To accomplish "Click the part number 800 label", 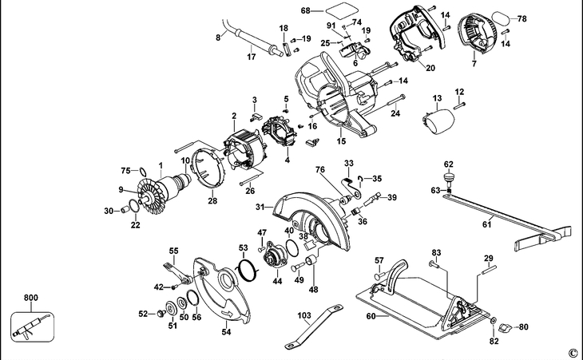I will tap(31, 299).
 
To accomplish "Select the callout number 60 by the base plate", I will tap(370, 316).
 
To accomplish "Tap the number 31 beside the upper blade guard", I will tap(260, 208).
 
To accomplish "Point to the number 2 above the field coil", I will tap(234, 115).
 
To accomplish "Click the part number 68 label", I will tap(305, 11).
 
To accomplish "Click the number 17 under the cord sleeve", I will tap(251, 57).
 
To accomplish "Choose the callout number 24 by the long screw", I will tap(395, 113).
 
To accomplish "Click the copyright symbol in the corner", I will tap(572, 352).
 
